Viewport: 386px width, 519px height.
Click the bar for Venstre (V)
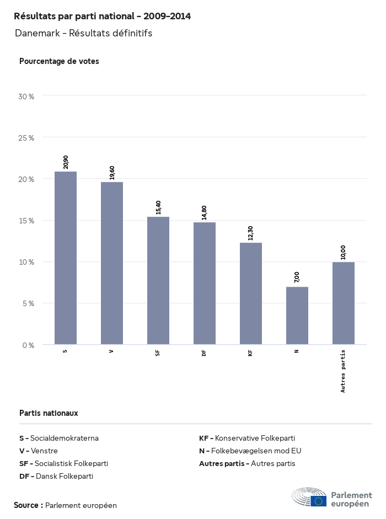click(x=112, y=263)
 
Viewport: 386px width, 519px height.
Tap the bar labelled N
click(x=297, y=315)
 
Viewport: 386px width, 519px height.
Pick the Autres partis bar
click(x=344, y=303)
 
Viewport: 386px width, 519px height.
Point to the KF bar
click(x=251, y=293)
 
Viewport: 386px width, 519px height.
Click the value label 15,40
click(x=158, y=207)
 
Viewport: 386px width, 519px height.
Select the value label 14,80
click(x=205, y=213)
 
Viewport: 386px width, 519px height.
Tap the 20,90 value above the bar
click(x=66, y=162)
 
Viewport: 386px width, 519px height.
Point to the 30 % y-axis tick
click(x=26, y=97)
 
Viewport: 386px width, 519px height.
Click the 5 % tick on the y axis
click(x=28, y=303)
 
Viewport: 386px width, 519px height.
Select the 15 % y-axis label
click(x=26, y=221)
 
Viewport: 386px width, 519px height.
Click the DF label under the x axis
click(x=204, y=353)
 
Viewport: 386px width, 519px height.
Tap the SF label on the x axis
click(x=158, y=353)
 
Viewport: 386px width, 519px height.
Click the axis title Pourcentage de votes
click(x=59, y=61)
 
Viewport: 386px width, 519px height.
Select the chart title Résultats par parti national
click(x=102, y=16)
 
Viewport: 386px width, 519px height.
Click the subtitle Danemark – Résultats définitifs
click(x=83, y=33)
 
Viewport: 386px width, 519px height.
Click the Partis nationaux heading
click(x=49, y=413)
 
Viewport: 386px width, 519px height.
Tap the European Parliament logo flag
click(x=318, y=501)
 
